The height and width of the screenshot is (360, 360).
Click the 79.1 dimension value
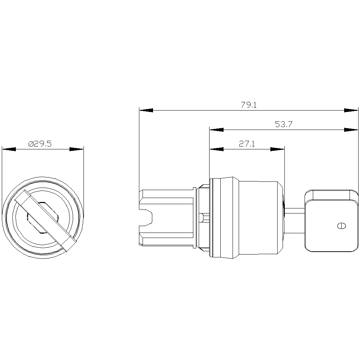pos(249,105)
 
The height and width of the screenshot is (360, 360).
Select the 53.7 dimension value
pos(283,125)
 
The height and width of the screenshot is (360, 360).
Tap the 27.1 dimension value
pos(247,144)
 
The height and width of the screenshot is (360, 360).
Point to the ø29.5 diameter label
pos(40,144)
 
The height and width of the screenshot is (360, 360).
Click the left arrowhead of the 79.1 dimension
pos(146,111)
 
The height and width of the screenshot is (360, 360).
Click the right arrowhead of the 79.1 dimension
pos(351,111)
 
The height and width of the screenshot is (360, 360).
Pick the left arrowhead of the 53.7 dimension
pos(216,130)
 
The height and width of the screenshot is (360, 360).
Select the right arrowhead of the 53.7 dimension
pos(351,130)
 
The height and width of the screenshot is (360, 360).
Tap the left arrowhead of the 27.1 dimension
pos(216,149)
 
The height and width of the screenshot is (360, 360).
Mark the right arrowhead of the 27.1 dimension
pos(277,149)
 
